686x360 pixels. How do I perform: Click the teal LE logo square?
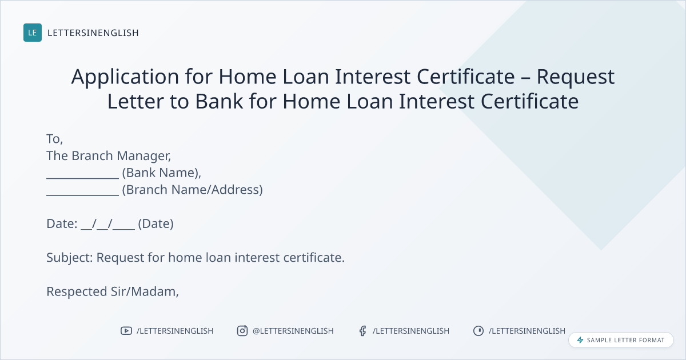(x=33, y=33)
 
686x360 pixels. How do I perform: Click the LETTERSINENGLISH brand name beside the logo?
(x=93, y=33)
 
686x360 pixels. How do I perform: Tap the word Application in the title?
(x=125, y=77)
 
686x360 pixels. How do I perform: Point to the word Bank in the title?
(x=219, y=101)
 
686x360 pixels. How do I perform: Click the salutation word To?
(x=54, y=139)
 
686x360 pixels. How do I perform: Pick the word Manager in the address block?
(x=144, y=156)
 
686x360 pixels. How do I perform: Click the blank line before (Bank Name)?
(x=82, y=178)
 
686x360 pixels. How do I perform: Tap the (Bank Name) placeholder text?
(x=161, y=173)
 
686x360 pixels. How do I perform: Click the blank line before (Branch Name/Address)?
(x=82, y=195)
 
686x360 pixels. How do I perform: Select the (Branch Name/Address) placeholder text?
(x=192, y=190)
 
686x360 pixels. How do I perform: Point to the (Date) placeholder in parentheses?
(x=155, y=224)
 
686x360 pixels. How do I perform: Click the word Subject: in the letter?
(x=70, y=258)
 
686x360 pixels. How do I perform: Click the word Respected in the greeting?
(x=77, y=292)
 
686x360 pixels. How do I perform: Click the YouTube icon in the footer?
(x=126, y=331)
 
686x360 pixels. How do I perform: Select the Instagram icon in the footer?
(x=242, y=331)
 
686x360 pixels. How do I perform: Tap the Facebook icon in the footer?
(x=362, y=331)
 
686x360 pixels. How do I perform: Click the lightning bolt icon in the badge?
(x=580, y=340)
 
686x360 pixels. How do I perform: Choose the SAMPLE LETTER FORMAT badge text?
(x=625, y=340)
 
